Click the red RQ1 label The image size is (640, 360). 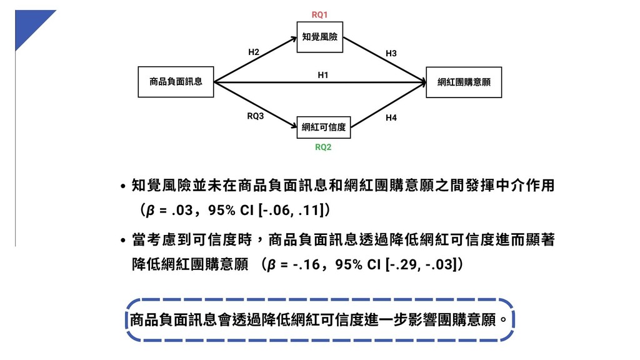(x=319, y=14)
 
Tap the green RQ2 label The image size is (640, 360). (x=323, y=147)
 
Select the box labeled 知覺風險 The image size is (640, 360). (x=319, y=37)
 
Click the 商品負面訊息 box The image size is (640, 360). (x=176, y=81)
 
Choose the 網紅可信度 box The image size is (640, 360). (x=323, y=127)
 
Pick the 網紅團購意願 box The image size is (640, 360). (x=463, y=82)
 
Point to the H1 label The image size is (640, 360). (x=323, y=74)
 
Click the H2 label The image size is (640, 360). (x=254, y=52)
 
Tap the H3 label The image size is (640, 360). (x=391, y=54)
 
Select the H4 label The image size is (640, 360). (x=391, y=117)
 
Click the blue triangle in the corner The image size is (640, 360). (x=29, y=24)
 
